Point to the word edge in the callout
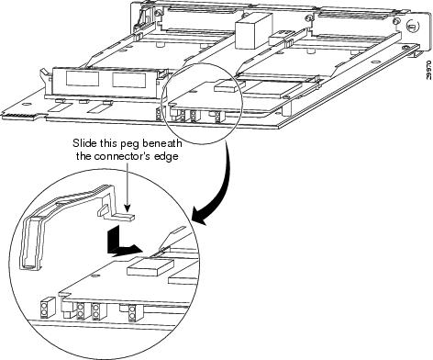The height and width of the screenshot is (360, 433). (168, 157)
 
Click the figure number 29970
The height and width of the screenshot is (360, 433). (429, 70)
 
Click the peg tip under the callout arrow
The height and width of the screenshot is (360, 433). (129, 217)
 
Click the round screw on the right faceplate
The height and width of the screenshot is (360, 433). (411, 27)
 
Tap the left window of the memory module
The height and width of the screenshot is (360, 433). (83, 78)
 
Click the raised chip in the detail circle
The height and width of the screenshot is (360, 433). (150, 266)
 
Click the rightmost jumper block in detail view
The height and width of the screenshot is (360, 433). (132, 312)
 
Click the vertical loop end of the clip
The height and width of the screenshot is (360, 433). (31, 242)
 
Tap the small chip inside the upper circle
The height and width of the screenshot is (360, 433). (226, 85)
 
